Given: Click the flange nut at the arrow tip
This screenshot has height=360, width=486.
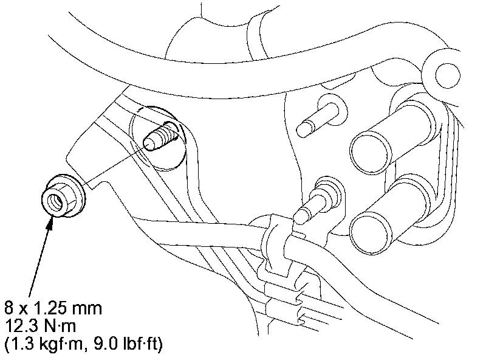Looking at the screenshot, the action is click(x=64, y=196).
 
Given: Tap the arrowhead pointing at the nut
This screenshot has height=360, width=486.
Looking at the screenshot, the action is click(x=50, y=223).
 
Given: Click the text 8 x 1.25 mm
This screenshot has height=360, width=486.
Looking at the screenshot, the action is click(x=53, y=308).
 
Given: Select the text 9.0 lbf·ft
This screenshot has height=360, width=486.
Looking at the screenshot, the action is click(x=126, y=344).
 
